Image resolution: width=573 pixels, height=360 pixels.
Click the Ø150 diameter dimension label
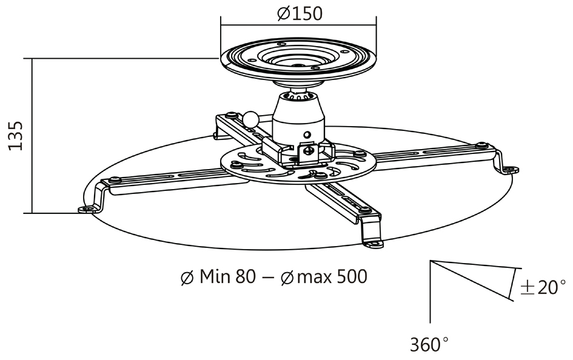300,14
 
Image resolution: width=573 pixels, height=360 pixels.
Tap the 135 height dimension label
16,136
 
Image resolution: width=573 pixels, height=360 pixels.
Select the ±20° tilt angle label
543,287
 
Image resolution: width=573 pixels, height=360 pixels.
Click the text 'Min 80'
227,276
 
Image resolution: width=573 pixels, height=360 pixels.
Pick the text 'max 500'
332,276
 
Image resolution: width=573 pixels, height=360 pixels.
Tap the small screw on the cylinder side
307,134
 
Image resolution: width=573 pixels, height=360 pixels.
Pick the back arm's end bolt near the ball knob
231,115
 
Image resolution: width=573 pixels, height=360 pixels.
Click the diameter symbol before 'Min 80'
187,278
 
